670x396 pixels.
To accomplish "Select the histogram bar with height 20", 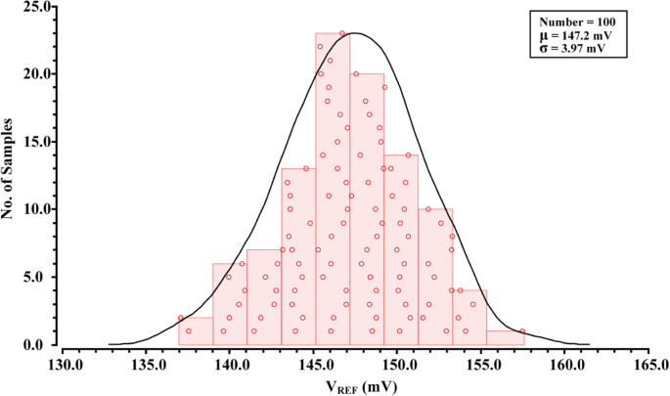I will point(367,209).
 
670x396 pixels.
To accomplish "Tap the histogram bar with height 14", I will point(401,249).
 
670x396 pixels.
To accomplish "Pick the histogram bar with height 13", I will point(298,256).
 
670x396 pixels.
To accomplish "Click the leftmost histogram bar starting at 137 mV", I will point(196,330).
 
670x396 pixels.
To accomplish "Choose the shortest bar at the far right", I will point(505,337).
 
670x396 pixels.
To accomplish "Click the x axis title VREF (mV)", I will point(355,386).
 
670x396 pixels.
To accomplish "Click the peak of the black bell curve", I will point(355,33).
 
